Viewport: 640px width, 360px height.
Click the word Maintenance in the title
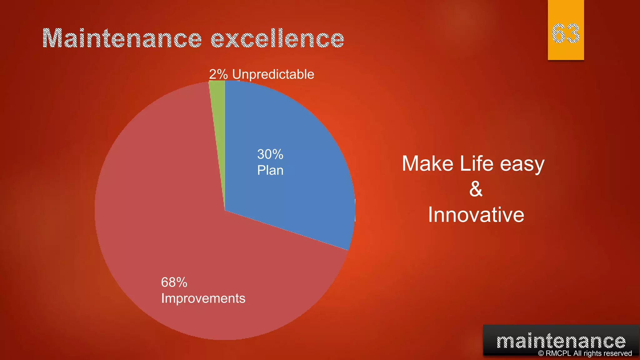pyautogui.click(x=122, y=38)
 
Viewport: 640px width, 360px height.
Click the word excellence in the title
pyautogui.click(x=277, y=38)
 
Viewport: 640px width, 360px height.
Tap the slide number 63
pyautogui.click(x=565, y=33)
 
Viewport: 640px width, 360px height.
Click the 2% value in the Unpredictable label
pyautogui.click(x=218, y=74)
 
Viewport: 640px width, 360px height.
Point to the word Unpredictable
pyautogui.click(x=273, y=74)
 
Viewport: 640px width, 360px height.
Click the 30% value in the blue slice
pyautogui.click(x=270, y=154)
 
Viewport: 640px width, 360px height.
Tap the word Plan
pyautogui.click(x=270, y=170)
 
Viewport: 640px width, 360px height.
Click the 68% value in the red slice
pyautogui.click(x=174, y=282)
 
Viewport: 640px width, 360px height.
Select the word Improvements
pyautogui.click(x=203, y=298)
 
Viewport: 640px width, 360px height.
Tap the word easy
pyautogui.click(x=522, y=164)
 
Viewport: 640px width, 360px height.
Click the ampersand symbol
pyautogui.click(x=476, y=189)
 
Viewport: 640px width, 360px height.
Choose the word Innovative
pyautogui.click(x=476, y=215)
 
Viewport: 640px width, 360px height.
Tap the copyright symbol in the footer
pyautogui.click(x=541, y=353)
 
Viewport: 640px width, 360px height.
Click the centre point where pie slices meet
pyautogui.click(x=225, y=210)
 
